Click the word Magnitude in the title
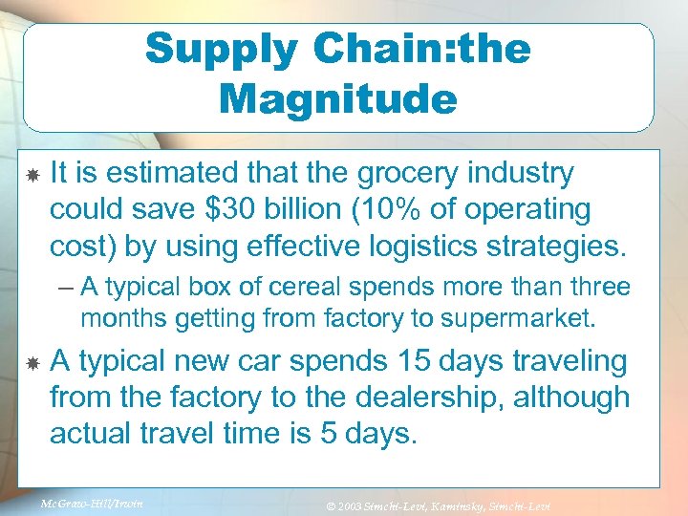pos(337,98)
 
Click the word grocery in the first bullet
pos(419,174)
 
